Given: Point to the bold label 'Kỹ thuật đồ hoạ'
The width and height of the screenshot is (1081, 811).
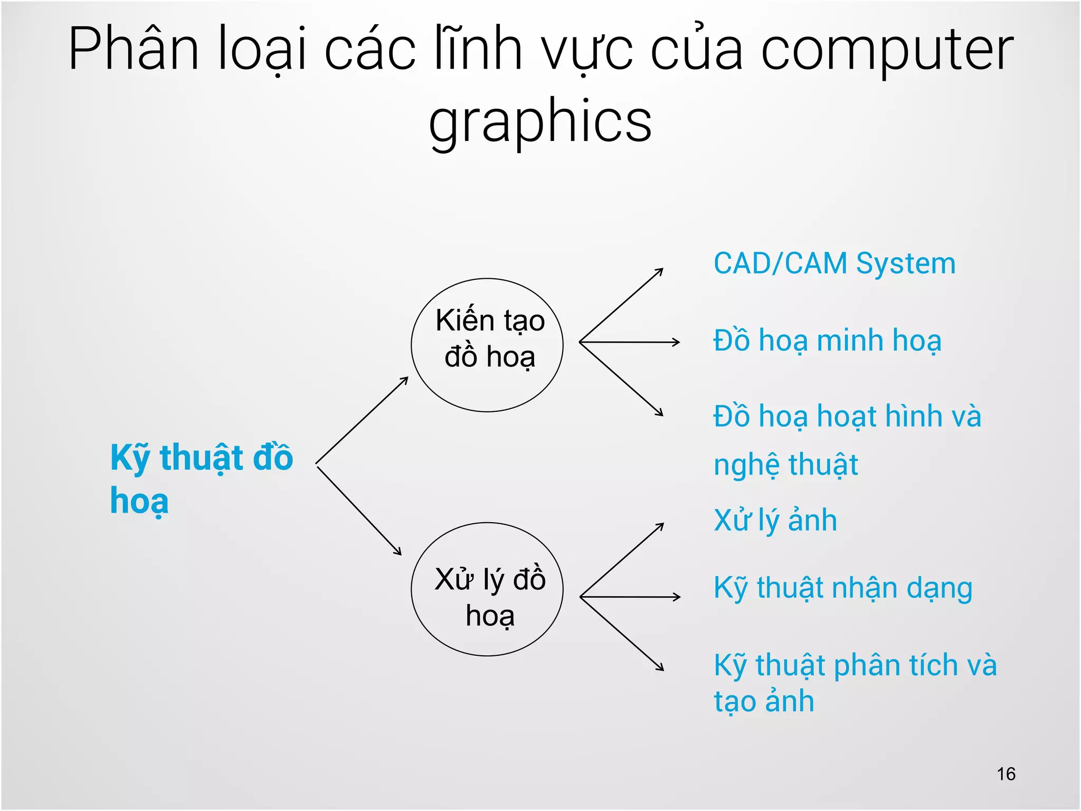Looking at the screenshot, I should click(201, 478).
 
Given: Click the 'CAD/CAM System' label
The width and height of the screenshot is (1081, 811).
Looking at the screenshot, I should click(834, 263).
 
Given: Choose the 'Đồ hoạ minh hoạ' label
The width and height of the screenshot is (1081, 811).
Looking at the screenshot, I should click(827, 341).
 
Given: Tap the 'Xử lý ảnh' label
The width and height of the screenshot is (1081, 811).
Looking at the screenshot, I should click(775, 521).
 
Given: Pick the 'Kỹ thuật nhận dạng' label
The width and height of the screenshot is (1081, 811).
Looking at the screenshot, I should click(842, 588).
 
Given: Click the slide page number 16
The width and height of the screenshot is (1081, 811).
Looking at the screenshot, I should click(1006, 774).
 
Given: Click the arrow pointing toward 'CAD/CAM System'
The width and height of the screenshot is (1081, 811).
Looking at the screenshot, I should click(621, 305).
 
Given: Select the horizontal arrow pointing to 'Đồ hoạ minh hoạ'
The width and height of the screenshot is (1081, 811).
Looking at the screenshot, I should click(629, 342).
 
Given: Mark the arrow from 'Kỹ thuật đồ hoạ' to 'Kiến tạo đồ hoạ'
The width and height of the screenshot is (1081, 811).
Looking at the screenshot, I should click(362, 420).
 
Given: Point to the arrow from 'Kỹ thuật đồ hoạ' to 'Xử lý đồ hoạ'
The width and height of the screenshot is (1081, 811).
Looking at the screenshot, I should click(359, 510).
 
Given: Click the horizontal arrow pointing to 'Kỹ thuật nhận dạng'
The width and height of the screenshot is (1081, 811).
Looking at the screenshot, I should click(630, 597).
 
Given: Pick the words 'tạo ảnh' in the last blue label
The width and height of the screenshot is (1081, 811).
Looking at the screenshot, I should click(764, 702).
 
